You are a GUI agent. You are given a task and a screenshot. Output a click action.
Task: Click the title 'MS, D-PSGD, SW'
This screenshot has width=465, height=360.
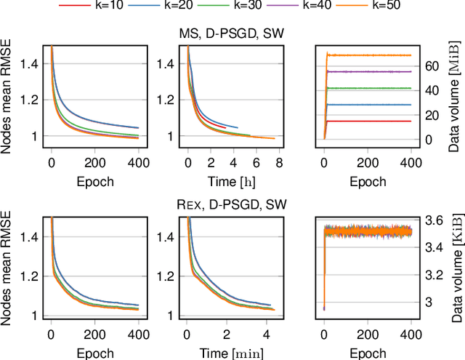[x=232, y=33]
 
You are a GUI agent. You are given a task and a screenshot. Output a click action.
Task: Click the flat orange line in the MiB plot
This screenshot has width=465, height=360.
[x=371, y=55]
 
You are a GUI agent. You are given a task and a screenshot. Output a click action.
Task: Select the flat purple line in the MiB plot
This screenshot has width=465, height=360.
[x=371, y=71]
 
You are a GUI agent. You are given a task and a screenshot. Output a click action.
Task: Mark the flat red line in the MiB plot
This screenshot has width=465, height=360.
[x=371, y=121]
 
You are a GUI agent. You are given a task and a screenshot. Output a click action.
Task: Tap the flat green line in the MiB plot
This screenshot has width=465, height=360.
[x=371, y=88]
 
